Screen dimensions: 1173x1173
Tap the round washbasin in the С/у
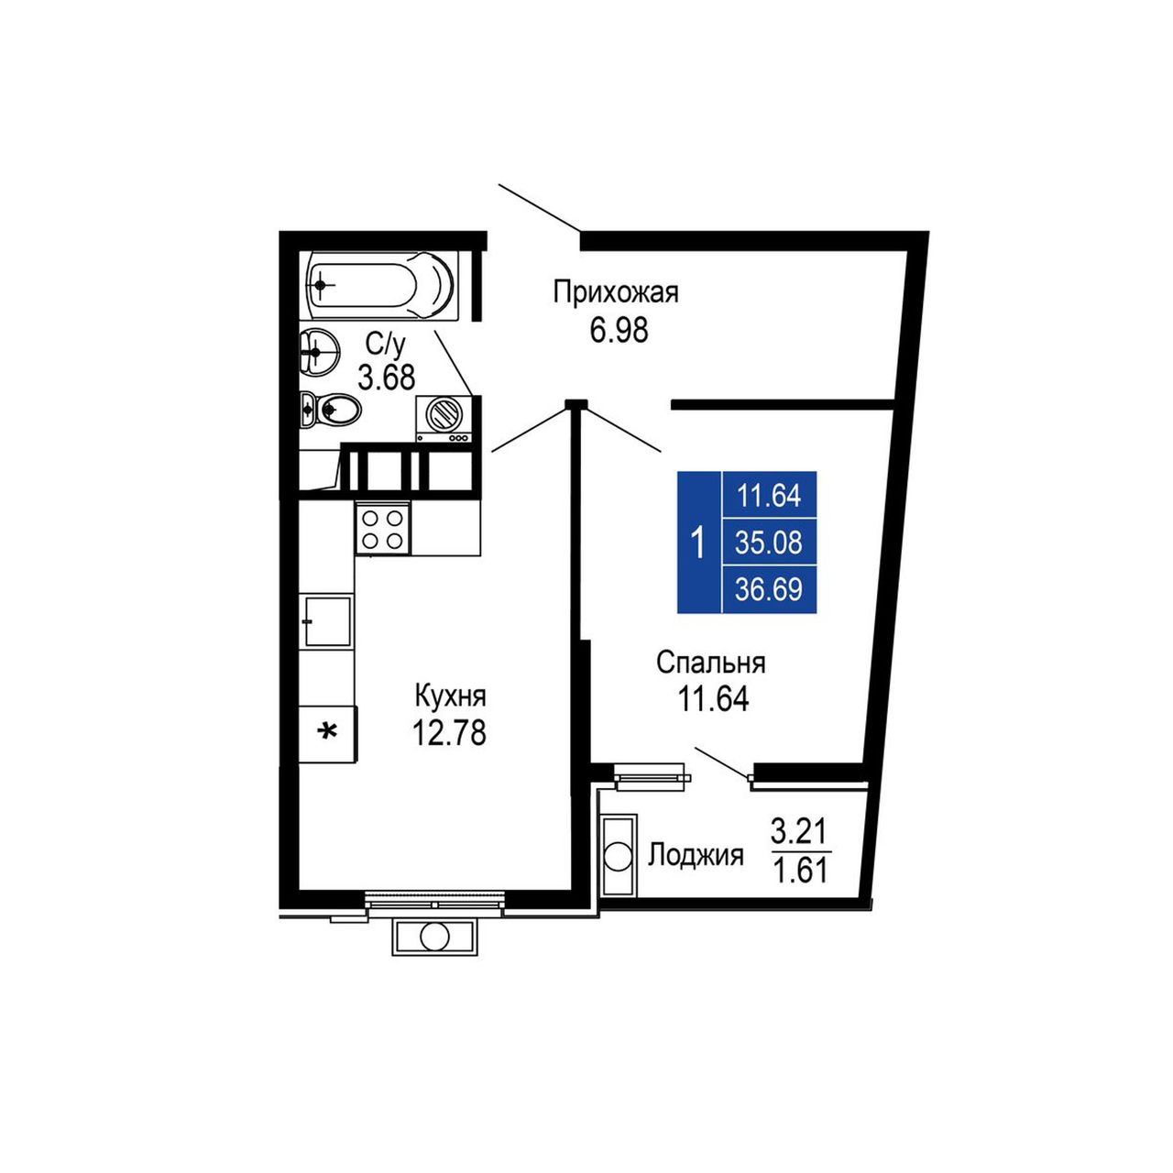[x=318, y=349]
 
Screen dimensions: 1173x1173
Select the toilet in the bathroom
[x=330, y=409]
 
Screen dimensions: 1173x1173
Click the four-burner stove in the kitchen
[x=383, y=529]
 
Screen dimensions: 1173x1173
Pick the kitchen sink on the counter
[x=327, y=620]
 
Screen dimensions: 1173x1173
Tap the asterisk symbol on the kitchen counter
[x=329, y=730]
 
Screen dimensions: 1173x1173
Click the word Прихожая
[x=616, y=294]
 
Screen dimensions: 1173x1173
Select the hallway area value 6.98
[x=618, y=331]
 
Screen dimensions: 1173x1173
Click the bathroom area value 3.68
[x=387, y=378]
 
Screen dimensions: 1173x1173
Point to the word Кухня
[x=451, y=696]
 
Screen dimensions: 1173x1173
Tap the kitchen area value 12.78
[x=449, y=732]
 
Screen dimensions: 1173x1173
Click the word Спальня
[x=711, y=663]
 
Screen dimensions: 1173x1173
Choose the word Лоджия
[x=696, y=856]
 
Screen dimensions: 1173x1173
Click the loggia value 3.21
[x=800, y=829]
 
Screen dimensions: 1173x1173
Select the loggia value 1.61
[x=800, y=871]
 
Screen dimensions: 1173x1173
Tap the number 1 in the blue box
[x=699, y=543]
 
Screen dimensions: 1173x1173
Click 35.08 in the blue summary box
[x=768, y=543]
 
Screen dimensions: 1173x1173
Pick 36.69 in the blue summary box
[x=768, y=589]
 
